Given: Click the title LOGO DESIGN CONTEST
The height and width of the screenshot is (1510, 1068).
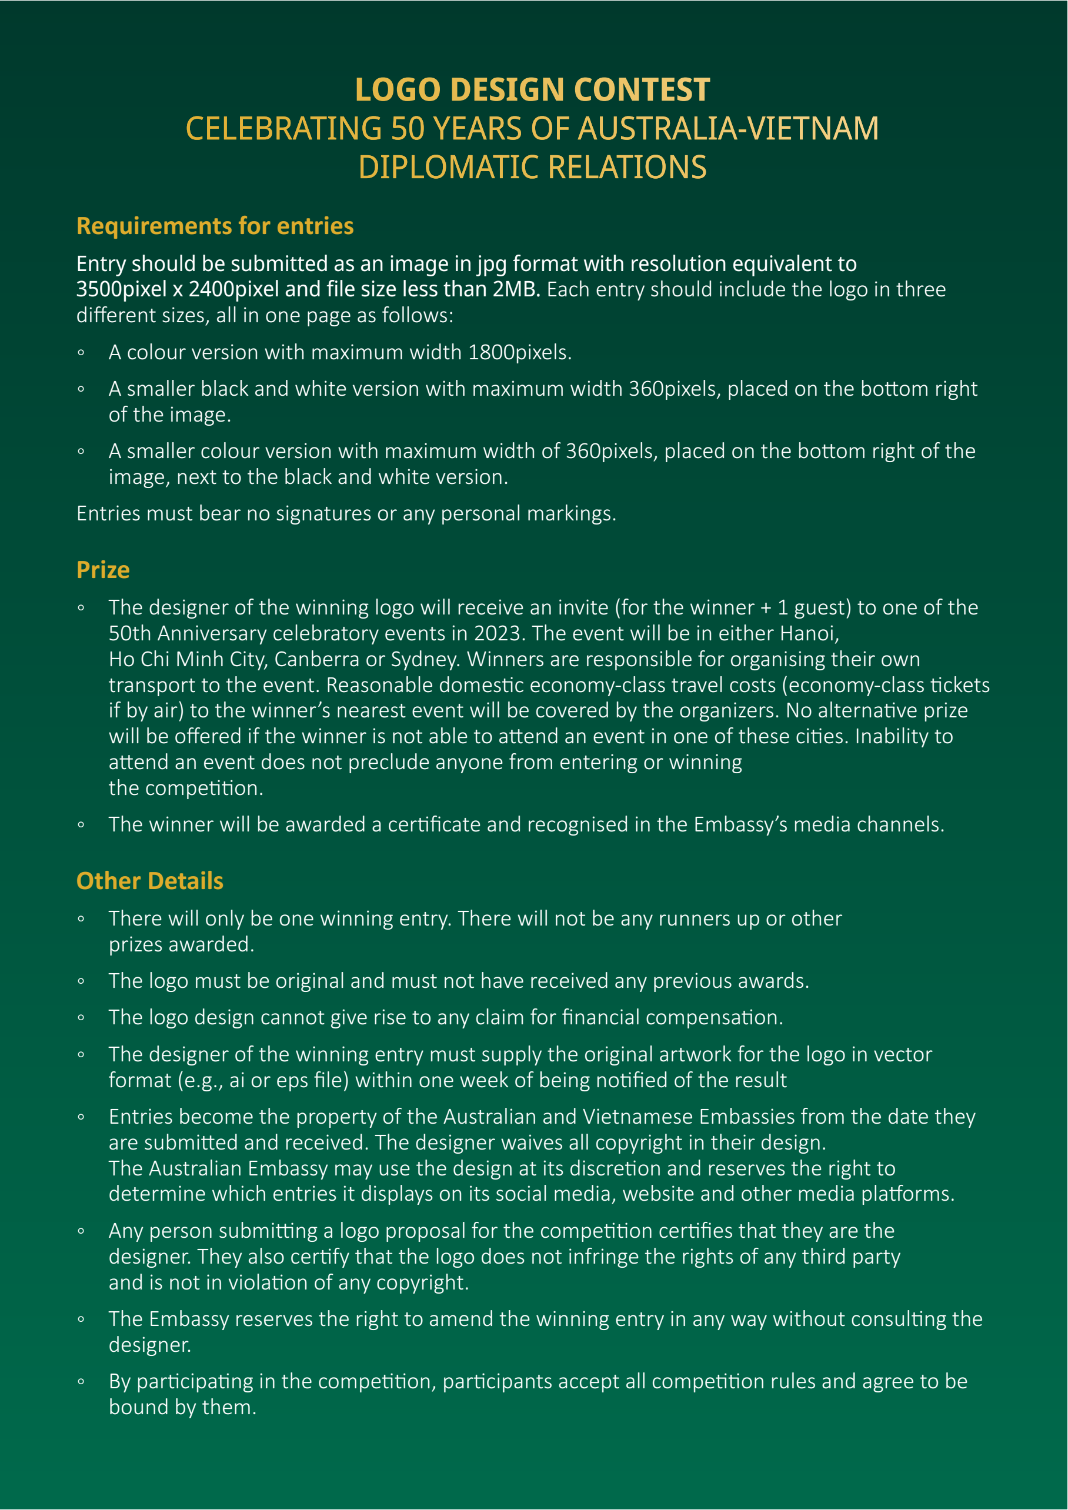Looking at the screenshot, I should point(532,90).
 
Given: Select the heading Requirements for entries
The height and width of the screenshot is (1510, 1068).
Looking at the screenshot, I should point(215,226).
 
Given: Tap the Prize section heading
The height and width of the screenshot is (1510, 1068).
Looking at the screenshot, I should point(104,570).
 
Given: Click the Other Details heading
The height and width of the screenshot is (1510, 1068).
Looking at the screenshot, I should point(150,881).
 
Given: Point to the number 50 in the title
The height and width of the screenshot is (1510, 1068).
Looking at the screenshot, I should point(408,129).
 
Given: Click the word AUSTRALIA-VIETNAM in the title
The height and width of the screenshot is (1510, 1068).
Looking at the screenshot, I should point(728,129).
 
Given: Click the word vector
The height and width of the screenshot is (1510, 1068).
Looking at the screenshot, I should point(902,1054).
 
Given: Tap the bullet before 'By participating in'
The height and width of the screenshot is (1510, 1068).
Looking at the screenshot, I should point(81,1382).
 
